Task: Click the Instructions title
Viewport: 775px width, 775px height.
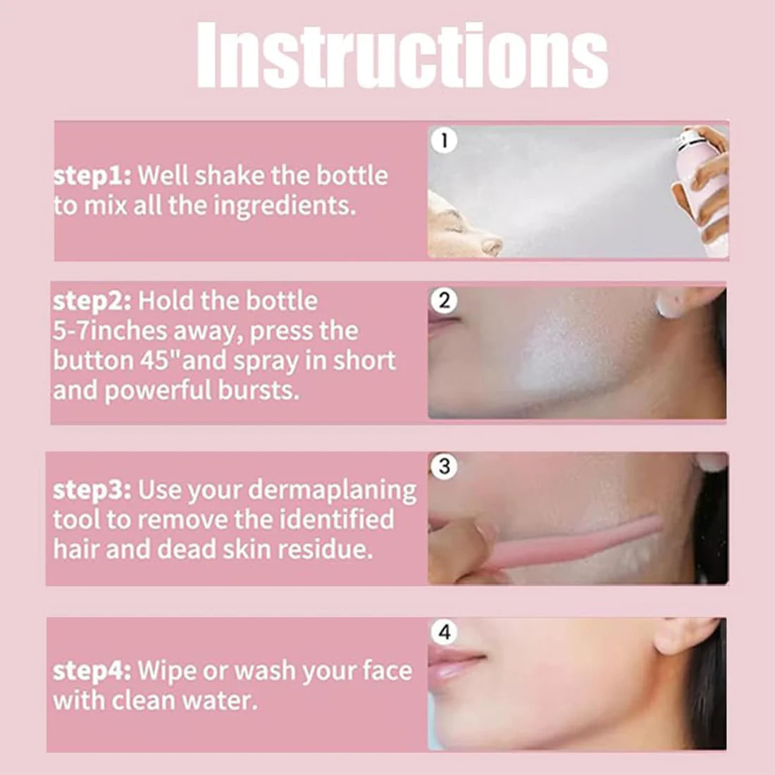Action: tap(402, 56)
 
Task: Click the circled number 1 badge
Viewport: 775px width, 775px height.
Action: tap(444, 140)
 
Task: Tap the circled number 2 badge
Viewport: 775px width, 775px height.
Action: tap(444, 301)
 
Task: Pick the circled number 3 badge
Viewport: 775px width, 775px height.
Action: tap(444, 466)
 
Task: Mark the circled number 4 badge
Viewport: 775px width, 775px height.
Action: tap(444, 632)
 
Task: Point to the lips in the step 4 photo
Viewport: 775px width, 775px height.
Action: tap(454, 662)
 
